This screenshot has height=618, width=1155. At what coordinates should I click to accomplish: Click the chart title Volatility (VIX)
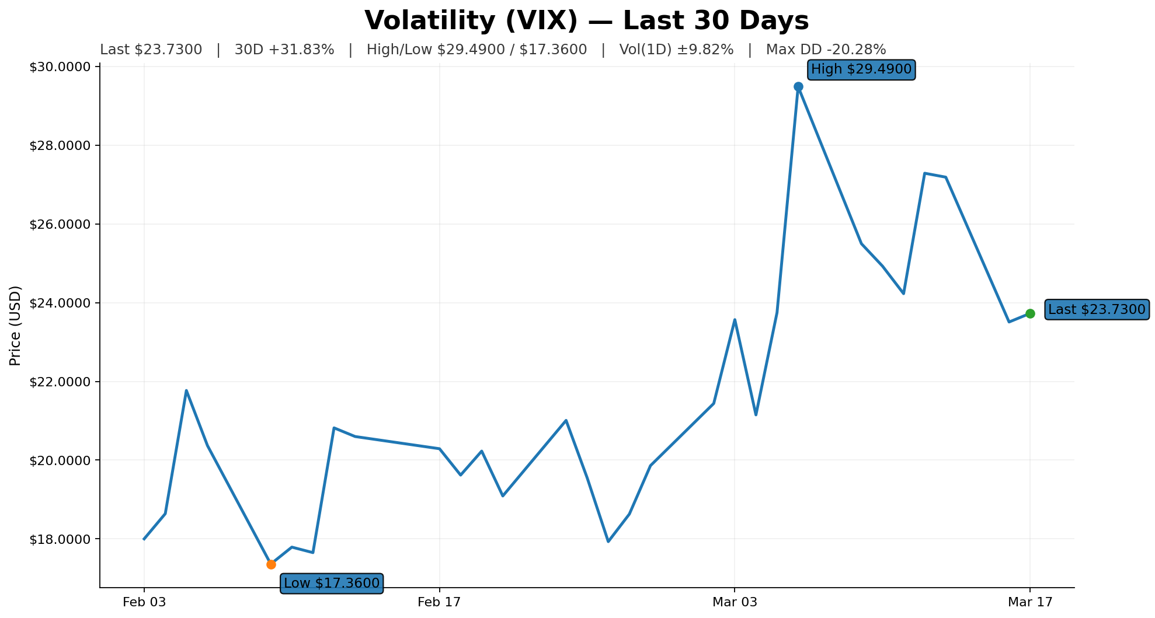(586, 21)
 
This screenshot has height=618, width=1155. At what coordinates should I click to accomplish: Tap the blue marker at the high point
(798, 87)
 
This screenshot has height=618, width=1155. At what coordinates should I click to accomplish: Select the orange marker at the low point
(271, 564)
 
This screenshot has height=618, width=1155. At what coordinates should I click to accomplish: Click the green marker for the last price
(1030, 313)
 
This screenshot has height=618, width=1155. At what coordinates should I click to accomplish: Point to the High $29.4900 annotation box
(861, 69)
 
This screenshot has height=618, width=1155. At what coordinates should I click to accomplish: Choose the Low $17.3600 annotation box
(332, 583)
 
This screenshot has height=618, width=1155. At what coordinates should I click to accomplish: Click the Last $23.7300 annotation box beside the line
(1097, 309)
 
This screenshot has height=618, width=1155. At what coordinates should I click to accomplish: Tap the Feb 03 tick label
(144, 602)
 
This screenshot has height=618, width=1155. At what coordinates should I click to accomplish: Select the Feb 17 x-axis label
(439, 602)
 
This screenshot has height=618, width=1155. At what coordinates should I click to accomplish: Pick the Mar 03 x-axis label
(735, 602)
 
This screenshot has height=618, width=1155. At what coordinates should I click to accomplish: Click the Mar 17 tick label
(1030, 602)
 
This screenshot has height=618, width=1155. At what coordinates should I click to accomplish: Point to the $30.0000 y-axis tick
(60, 67)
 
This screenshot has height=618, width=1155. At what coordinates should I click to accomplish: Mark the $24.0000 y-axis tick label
(60, 303)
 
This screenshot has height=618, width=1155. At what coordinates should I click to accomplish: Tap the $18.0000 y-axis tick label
(60, 539)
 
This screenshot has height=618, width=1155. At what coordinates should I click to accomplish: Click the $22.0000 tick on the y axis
(60, 382)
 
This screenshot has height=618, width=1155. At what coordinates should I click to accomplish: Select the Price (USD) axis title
(16, 326)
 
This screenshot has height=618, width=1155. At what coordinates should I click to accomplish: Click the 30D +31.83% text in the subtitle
(284, 50)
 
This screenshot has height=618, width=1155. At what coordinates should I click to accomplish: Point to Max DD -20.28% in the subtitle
(826, 50)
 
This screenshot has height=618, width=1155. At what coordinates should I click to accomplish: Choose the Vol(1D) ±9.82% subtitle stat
(676, 50)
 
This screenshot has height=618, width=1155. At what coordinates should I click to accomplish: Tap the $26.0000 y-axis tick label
(60, 225)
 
